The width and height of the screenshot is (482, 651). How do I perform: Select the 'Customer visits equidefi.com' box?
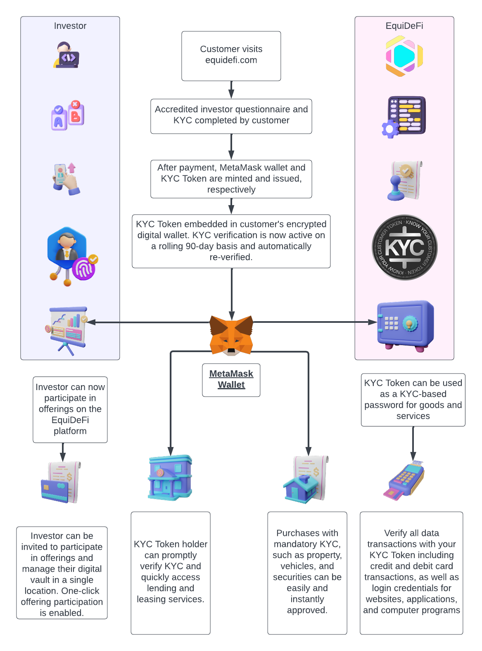[231, 56]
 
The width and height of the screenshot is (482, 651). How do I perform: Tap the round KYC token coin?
[404, 248]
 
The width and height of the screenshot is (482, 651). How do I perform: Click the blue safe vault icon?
[405, 325]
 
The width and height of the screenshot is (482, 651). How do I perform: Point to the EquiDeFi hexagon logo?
[404, 56]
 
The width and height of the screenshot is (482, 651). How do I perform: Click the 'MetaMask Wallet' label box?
[231, 379]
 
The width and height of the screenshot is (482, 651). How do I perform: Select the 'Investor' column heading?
[70, 26]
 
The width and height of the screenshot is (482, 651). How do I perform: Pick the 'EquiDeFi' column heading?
[404, 26]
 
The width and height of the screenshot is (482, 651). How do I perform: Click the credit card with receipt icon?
[61, 482]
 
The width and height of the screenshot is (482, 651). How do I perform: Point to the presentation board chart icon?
[67, 329]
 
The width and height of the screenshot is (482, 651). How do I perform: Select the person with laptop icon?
[66, 55]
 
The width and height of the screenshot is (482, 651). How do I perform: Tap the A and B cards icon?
[68, 115]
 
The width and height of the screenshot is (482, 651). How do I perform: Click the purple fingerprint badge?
[84, 269]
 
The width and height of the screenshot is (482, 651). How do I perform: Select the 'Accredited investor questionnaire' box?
[231, 116]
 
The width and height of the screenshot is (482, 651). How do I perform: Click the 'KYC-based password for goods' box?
[413, 399]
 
